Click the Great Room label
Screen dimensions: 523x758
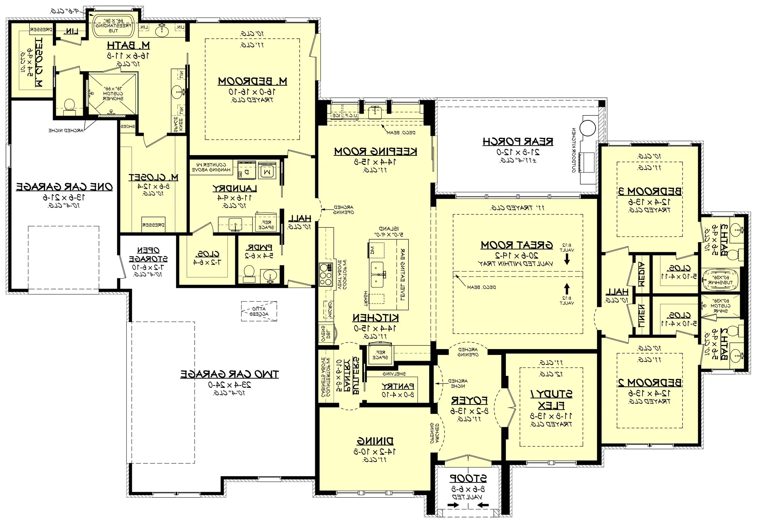517,245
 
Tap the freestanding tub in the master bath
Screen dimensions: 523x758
113,26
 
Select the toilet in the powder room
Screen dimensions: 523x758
249,274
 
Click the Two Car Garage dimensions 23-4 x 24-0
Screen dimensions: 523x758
229,384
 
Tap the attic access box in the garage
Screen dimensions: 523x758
259,311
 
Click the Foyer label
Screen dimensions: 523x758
469,400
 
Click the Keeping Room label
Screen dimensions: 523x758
375,151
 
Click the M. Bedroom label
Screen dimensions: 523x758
252,81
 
